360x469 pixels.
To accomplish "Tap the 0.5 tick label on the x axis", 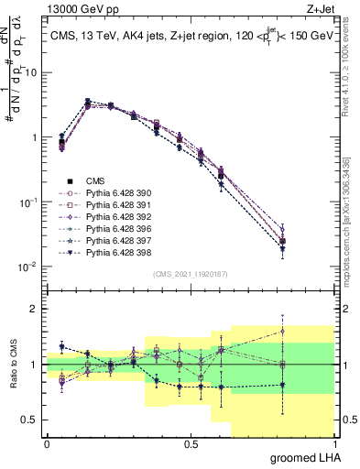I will [191, 444].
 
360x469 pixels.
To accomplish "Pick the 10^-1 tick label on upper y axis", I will [30, 202].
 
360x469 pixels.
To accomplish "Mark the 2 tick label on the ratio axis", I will [35, 309].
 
